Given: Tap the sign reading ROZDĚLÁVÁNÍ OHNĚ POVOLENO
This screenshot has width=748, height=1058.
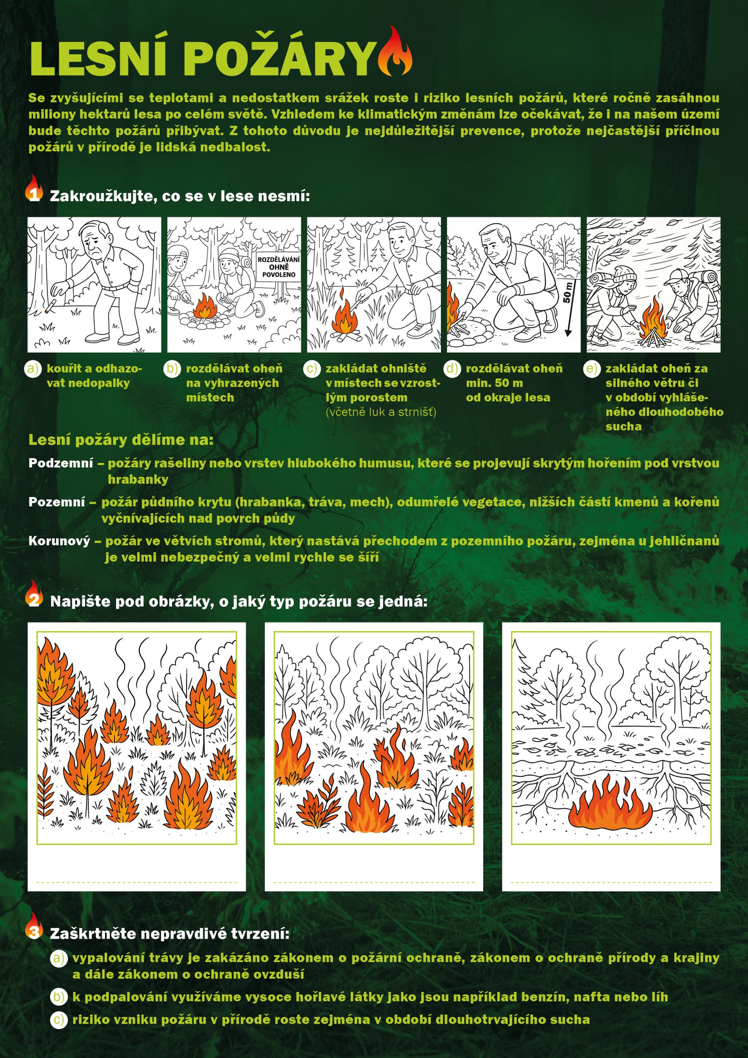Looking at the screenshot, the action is pos(279,267).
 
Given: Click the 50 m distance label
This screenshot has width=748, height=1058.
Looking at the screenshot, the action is pos(568,292).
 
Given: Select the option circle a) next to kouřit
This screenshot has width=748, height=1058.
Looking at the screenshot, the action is pos(33,369).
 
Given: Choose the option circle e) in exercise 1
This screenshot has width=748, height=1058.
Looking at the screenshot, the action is pos(592,369).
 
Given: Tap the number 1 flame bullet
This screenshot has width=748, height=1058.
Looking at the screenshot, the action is pos(33,189).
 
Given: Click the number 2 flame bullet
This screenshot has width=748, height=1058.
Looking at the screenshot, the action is pos(33,594).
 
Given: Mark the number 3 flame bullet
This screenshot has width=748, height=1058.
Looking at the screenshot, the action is pos(33,926).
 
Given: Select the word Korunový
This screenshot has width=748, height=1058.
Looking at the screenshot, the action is pos(60,541).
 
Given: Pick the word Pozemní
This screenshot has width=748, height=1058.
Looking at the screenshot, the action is pos(57,502).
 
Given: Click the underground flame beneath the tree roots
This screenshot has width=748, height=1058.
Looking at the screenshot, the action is pos(611,802).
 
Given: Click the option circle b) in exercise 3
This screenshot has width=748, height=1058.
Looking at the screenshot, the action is pos(58,997).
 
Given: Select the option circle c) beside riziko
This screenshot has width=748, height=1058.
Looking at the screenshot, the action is pos(58,1019).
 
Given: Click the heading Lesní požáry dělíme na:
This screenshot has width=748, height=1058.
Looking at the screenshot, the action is pos(121,440).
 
